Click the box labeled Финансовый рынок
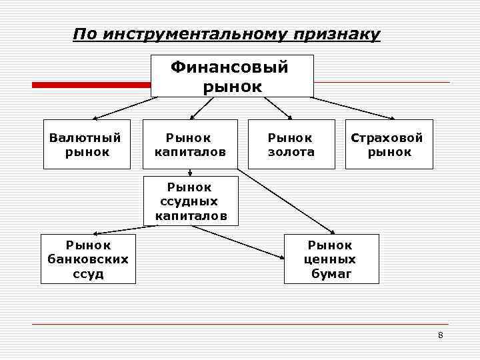[x=232, y=76]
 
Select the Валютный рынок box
[x=85, y=145]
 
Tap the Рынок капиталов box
[x=190, y=145]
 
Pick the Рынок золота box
[x=291, y=145]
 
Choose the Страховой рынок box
[x=389, y=145]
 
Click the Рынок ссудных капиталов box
[x=190, y=201]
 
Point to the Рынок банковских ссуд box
[x=88, y=259]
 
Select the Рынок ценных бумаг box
[x=331, y=259]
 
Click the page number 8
[x=440, y=335]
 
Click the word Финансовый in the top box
[x=230, y=67]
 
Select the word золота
[x=291, y=152]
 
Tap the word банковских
[x=88, y=259]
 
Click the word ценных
[x=330, y=259]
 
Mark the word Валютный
[x=85, y=138]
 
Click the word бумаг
[x=331, y=273]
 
